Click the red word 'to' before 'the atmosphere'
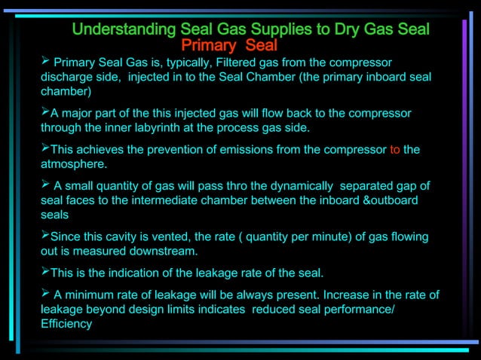tap(395, 149)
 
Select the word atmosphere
tap(73, 163)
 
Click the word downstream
tap(160, 252)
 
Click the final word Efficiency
tap(66, 324)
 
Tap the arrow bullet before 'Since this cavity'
tap(45, 236)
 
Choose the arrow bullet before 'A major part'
tap(45, 112)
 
